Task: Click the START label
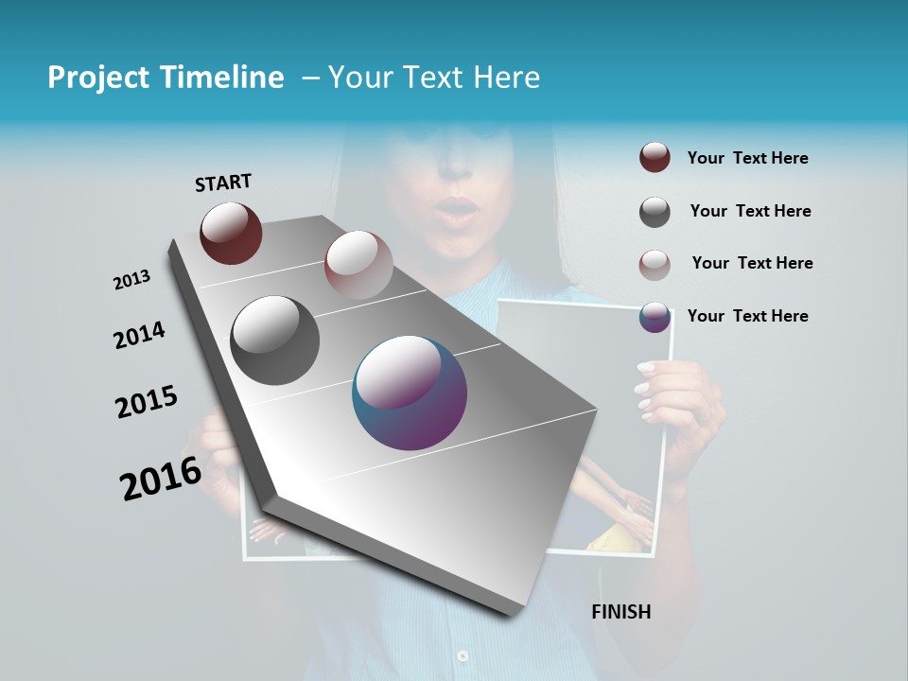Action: click(223, 183)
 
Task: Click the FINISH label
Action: click(621, 612)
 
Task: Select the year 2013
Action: click(132, 280)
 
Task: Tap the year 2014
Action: click(140, 336)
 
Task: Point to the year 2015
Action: click(147, 401)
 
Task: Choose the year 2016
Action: click(161, 478)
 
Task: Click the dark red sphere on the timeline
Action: click(231, 233)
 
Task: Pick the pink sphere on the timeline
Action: click(358, 265)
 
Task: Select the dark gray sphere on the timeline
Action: click(275, 340)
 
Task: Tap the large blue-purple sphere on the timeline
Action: click(410, 393)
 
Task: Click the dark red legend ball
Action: click(655, 158)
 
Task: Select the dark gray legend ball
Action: click(655, 212)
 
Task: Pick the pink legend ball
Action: click(655, 264)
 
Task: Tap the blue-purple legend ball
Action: click(655, 317)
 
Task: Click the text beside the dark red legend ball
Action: click(747, 158)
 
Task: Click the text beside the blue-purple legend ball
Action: click(747, 316)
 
